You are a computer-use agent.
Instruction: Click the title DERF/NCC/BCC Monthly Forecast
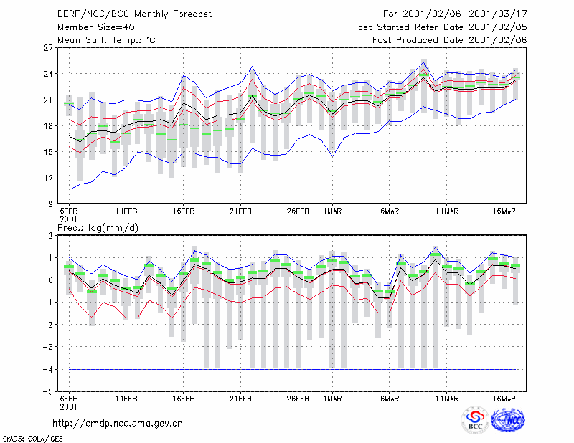tap(134, 14)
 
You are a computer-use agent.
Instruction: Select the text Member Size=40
tap(96, 27)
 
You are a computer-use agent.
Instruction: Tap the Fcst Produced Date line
tap(450, 40)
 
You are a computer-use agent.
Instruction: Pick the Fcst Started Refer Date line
tap(440, 27)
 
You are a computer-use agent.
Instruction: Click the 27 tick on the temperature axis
tap(49, 48)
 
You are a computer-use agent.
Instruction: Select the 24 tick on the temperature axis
tap(49, 74)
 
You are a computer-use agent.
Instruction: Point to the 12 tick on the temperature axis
tap(49, 178)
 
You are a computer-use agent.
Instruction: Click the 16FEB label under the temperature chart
tap(184, 211)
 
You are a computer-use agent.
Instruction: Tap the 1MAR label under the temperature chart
tap(332, 211)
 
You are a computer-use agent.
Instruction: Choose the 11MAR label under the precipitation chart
tap(446, 399)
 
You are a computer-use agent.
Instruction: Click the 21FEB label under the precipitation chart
tap(240, 399)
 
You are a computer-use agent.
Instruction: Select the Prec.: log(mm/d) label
tap(98, 228)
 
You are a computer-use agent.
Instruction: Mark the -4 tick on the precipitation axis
tap(47, 369)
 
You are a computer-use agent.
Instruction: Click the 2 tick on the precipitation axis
tap(50, 236)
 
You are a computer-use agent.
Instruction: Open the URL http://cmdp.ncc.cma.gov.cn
tap(118, 424)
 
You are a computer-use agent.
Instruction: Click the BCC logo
tap(475, 421)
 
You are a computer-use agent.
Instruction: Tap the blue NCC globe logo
tap(508, 420)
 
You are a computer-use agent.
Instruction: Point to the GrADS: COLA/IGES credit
tap(32, 439)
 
